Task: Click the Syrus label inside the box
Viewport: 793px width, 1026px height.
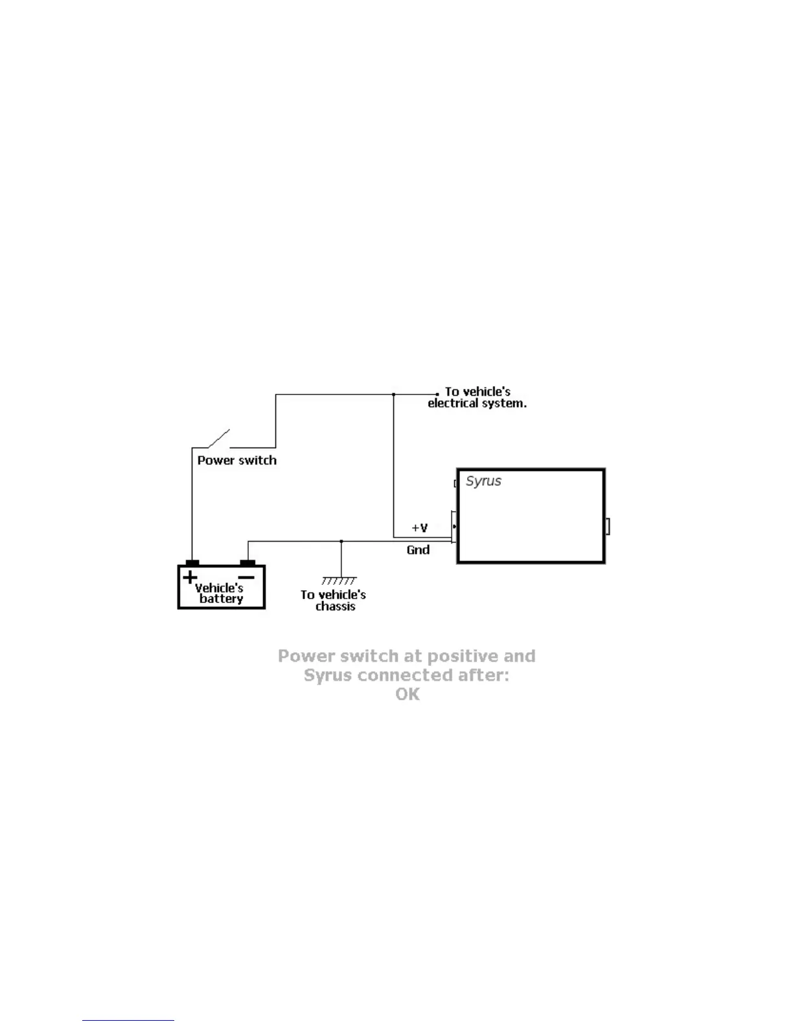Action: tap(483, 481)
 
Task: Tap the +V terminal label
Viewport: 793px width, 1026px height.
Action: tap(420, 528)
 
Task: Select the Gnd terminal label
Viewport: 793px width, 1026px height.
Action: tap(418, 550)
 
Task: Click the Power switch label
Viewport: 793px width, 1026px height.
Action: tap(236, 461)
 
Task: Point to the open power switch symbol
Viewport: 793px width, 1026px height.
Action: tap(219, 439)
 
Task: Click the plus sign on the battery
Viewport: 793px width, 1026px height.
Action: tap(189, 576)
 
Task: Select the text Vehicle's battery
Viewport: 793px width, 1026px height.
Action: tap(220, 593)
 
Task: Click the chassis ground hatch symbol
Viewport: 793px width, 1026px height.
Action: tap(339, 581)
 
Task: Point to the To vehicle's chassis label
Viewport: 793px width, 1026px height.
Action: tap(334, 600)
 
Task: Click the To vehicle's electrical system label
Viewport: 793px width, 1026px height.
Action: tap(477, 398)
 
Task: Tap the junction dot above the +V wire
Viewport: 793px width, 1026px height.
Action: tap(393, 394)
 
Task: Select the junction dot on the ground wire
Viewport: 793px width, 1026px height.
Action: tap(341, 541)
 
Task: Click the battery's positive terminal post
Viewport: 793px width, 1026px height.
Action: tap(192, 563)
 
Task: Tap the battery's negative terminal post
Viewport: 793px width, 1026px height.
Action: tap(247, 563)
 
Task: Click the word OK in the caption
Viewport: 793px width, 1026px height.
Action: tap(408, 695)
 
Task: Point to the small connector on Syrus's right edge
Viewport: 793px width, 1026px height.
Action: tap(608, 527)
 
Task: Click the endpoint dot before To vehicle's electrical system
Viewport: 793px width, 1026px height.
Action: tap(437, 394)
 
